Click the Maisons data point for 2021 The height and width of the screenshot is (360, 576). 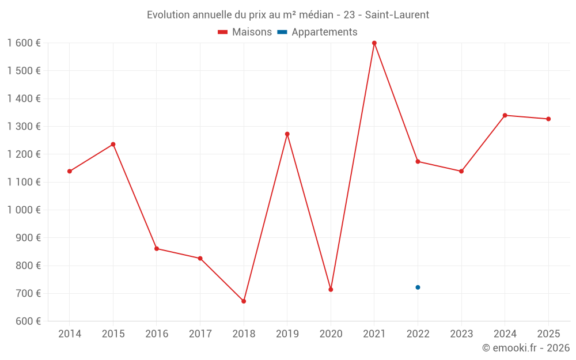(x=374, y=43)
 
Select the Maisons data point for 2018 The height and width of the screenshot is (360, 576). (x=244, y=301)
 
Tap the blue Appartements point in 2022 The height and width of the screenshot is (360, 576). (x=418, y=287)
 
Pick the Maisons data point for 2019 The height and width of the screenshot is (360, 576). (x=287, y=134)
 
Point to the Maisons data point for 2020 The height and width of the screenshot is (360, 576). (x=331, y=290)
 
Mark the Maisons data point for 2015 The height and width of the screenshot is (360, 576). (x=113, y=145)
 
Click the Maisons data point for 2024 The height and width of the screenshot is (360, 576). (x=505, y=115)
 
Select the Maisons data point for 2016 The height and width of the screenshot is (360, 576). (x=157, y=249)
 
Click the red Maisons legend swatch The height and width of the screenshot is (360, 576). (x=222, y=32)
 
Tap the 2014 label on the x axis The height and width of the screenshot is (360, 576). (x=70, y=334)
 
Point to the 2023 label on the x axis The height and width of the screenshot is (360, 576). (x=461, y=334)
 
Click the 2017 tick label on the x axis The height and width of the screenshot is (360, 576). (x=200, y=334)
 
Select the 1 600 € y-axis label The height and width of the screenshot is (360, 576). (x=24, y=43)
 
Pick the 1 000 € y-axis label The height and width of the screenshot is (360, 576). (x=24, y=210)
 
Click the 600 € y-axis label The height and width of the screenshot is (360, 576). (x=28, y=321)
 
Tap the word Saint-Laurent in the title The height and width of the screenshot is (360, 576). (x=397, y=15)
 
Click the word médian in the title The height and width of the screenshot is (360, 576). (x=316, y=15)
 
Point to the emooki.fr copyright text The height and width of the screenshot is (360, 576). (x=526, y=348)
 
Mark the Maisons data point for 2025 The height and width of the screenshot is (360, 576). (x=548, y=119)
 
